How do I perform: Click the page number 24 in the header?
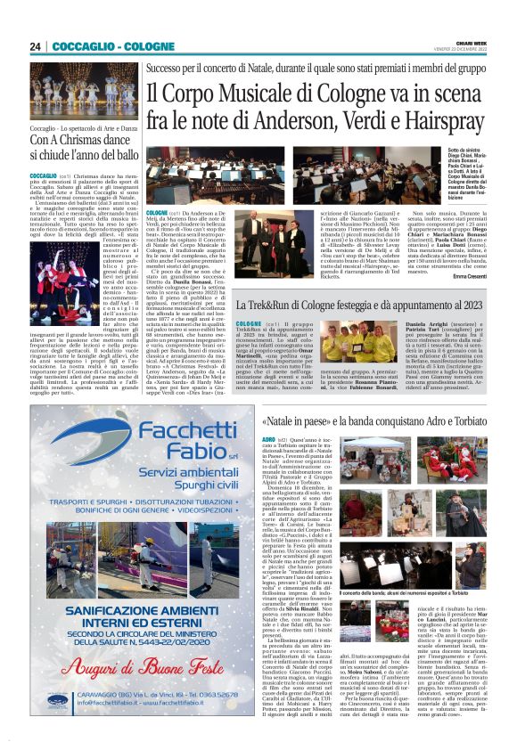coord(36,46)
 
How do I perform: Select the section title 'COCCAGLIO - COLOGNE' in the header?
coord(100,46)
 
